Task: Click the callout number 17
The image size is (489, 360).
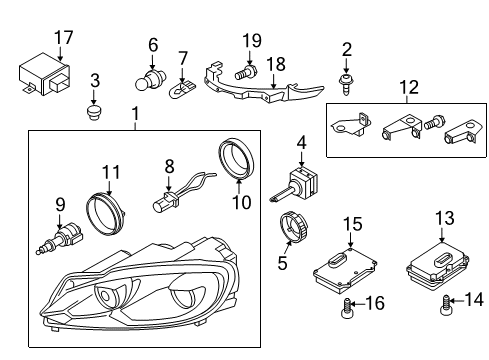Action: point(64,37)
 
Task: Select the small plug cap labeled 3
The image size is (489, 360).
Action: point(94,113)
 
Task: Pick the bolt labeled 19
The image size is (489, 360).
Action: point(246,72)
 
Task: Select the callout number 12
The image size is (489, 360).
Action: point(409,87)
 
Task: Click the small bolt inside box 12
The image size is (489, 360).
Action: point(434,123)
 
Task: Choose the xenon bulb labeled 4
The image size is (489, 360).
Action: point(294,186)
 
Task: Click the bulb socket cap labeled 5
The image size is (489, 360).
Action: point(293,227)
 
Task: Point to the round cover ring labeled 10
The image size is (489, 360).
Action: point(237,160)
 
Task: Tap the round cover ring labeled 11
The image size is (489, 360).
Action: point(105,214)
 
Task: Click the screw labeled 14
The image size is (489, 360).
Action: point(445,305)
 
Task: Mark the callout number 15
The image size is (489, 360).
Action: point(352,224)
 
